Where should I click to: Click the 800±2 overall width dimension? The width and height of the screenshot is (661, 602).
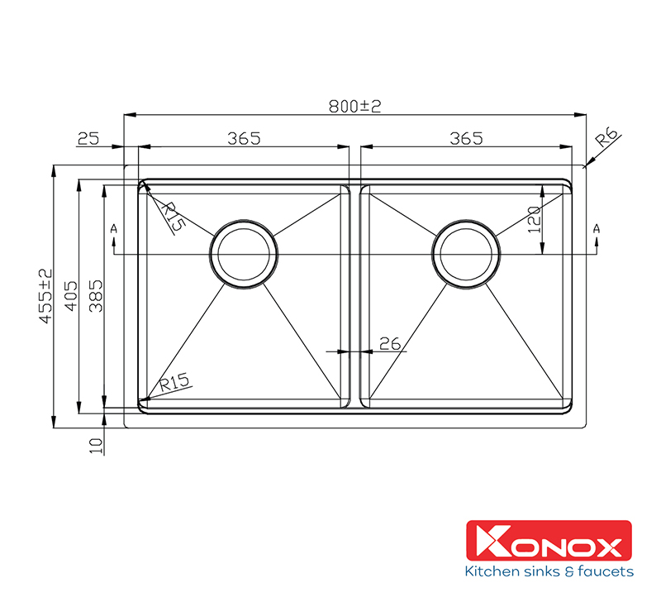[354, 106]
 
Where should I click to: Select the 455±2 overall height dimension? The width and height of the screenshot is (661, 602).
[46, 296]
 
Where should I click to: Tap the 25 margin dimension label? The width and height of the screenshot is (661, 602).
[88, 138]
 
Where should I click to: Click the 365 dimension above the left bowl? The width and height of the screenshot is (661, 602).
[244, 138]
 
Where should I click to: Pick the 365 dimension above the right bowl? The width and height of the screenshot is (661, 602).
[466, 138]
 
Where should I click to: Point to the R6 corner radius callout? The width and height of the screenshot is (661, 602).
[606, 137]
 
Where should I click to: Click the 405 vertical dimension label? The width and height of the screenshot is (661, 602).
[71, 296]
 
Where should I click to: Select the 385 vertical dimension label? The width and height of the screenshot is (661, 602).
[96, 296]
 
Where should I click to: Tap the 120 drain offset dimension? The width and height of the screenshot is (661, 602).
[534, 219]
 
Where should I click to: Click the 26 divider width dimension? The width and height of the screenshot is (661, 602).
[390, 344]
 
